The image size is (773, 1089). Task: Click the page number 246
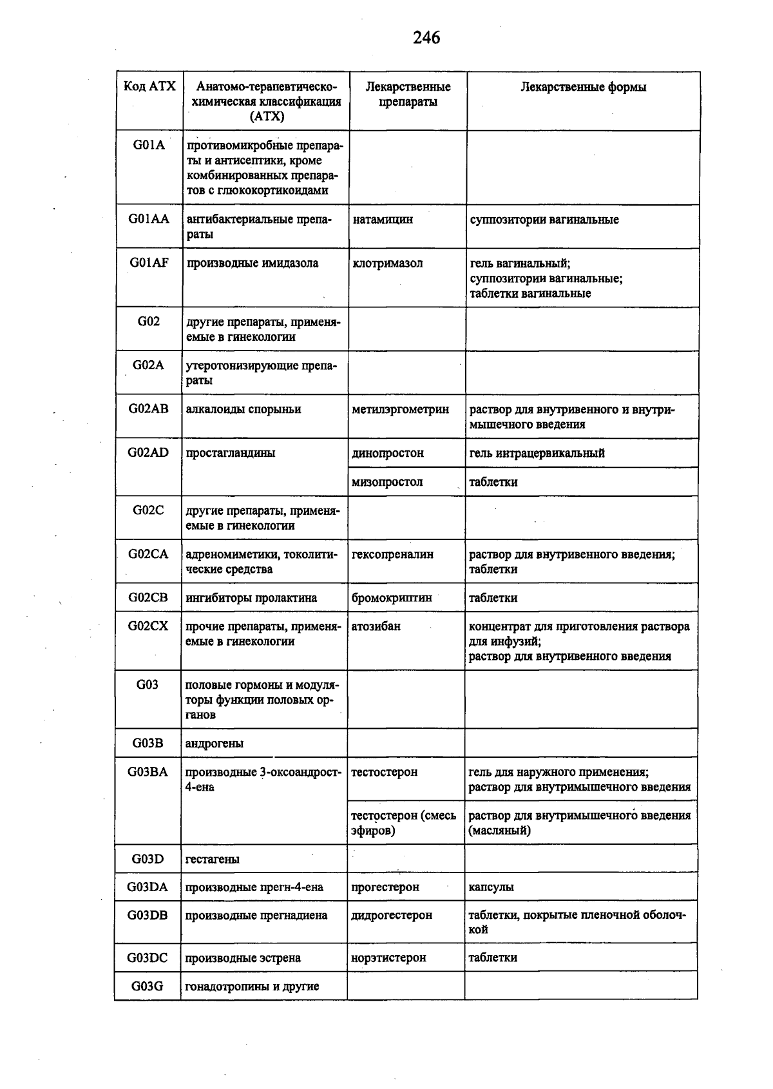426,38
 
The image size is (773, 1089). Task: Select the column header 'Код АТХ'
149,86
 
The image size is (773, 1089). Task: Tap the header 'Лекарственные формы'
583,87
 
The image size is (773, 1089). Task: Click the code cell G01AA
149,219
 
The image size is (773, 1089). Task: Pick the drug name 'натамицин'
383,220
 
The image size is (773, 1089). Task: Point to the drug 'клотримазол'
388,264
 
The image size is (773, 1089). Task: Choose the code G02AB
149,409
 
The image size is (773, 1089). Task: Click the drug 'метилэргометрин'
400,410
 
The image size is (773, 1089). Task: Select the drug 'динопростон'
388,453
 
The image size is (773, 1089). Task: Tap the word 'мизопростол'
387,482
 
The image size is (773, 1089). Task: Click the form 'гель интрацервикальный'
537,453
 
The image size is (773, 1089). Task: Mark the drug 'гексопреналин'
392,554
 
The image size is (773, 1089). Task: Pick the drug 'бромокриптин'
392,598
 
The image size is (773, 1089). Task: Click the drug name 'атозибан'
376,626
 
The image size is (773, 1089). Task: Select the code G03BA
148,772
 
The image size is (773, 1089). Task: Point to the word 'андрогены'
215,744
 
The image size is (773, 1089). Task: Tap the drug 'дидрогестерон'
392,916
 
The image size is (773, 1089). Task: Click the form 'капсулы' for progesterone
491,887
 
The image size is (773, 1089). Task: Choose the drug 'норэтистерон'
388,958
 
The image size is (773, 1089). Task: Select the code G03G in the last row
148,987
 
